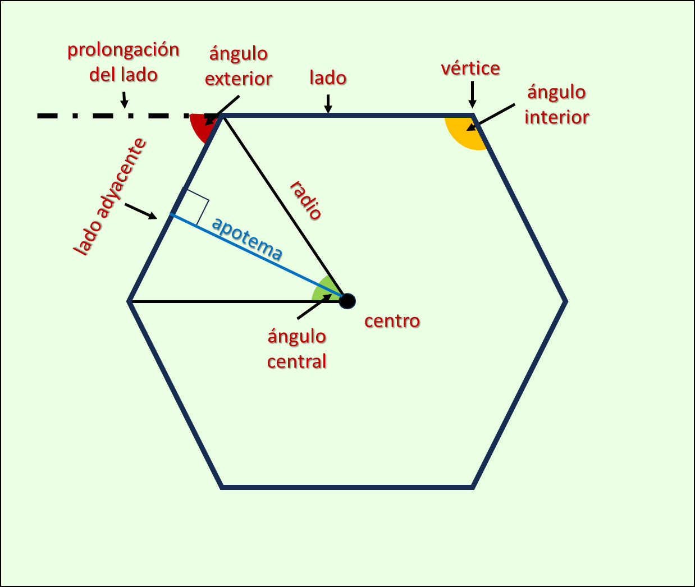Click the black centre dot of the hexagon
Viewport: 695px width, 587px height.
[x=347, y=301]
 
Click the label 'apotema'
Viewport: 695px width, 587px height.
[x=247, y=239]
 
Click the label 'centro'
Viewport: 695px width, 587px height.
[x=392, y=321]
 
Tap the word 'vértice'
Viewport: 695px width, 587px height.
[x=470, y=68]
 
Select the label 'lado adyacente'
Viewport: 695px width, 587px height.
[x=110, y=196]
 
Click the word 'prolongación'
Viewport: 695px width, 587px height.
[x=124, y=50]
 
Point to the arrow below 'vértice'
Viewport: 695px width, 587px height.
[x=473, y=94]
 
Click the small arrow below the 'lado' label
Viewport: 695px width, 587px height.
[x=328, y=103]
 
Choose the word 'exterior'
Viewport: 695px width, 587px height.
[x=239, y=79]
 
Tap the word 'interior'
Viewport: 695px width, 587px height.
[x=556, y=117]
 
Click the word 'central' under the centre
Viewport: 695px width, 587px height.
[x=296, y=361]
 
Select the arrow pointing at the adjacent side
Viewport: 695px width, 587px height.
[x=141, y=212]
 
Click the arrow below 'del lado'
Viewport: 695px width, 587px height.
[x=124, y=99]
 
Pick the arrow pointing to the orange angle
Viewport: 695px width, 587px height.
[x=490, y=117]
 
